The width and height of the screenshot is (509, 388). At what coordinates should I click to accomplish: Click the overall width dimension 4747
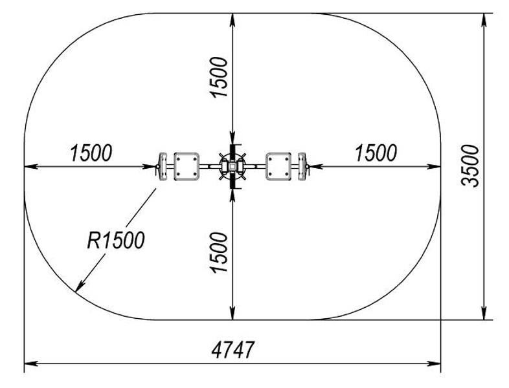[232, 350]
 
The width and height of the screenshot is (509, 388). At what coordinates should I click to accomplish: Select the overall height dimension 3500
[470, 166]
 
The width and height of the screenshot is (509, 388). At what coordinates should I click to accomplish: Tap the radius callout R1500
[115, 240]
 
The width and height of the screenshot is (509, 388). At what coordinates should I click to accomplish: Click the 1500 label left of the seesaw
[91, 153]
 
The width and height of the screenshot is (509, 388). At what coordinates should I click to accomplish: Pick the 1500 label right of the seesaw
[376, 153]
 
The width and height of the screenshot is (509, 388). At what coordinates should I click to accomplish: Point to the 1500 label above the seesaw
[219, 77]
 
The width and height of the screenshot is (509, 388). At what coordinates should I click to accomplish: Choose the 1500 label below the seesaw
[219, 252]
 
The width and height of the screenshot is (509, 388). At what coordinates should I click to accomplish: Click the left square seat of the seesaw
[187, 167]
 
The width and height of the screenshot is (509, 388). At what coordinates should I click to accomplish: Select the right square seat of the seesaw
[278, 167]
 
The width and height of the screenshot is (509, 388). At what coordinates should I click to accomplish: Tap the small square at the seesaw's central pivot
[232, 167]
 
